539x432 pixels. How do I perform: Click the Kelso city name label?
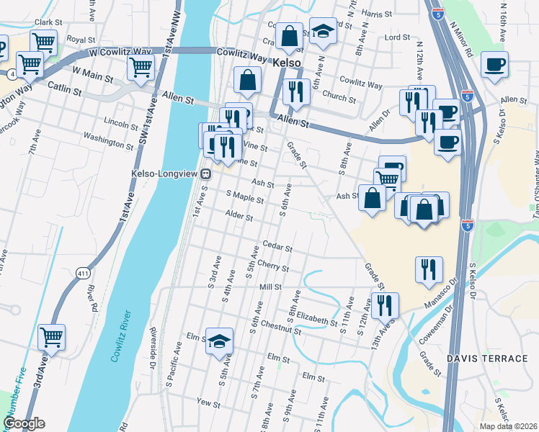pyautogui.click(x=288, y=63)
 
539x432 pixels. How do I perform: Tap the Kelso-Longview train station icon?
pyautogui.click(x=205, y=174)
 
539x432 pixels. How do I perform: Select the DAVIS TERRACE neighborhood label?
pyautogui.click(x=486, y=358)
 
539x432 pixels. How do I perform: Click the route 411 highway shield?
pyautogui.click(x=84, y=273)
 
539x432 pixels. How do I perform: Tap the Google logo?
pyautogui.click(x=24, y=423)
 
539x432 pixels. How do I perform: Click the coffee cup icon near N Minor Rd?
pyautogui.click(x=494, y=65)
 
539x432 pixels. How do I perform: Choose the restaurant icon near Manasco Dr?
pyautogui.click(x=429, y=269)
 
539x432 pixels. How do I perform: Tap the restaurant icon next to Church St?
pyautogui.click(x=297, y=91)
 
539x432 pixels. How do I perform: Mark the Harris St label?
pyautogui.click(x=375, y=14)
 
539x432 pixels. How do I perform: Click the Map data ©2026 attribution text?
pyautogui.click(x=508, y=426)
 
